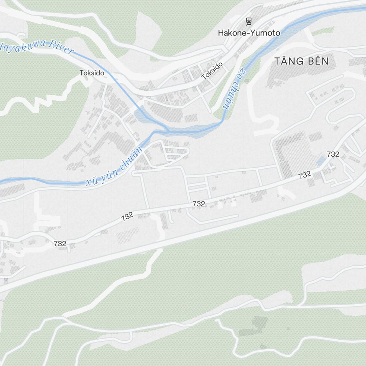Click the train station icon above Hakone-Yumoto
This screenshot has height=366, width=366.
click(249, 21)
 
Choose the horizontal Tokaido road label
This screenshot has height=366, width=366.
click(92, 73)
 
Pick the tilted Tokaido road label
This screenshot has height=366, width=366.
click(212, 71)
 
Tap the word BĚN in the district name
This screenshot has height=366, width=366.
click(318, 61)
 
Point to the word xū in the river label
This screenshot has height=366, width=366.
click(91, 181)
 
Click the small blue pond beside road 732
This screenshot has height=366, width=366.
click(321, 161)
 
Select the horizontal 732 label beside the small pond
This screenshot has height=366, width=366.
click(333, 154)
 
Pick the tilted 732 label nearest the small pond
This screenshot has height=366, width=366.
click(305, 175)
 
